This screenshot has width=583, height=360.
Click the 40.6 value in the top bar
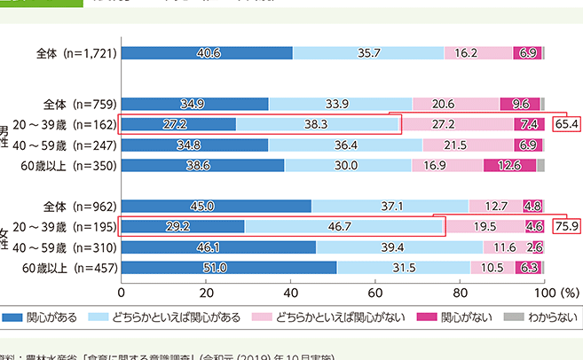[x=207, y=53]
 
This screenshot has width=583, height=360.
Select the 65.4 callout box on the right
[x=566, y=124]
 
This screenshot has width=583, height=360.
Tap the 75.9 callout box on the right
[x=566, y=227]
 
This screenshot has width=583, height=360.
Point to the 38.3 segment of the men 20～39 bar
[x=318, y=124]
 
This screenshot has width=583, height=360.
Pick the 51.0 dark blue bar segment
[x=229, y=268]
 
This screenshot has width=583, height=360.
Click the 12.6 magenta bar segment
[x=509, y=165]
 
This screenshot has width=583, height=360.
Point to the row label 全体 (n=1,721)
[x=76, y=53]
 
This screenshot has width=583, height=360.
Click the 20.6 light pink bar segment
[x=456, y=104]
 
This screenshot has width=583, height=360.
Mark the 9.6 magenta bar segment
[x=520, y=104]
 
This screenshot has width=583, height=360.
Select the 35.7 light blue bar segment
[x=368, y=53]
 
